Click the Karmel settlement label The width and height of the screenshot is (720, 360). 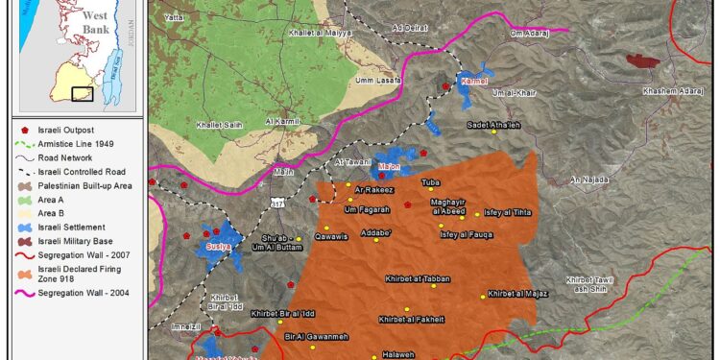click(x=475, y=83)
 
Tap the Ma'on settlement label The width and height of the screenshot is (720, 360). click(x=390, y=166)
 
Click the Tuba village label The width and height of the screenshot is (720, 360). click(x=430, y=181)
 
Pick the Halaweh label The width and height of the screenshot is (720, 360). click(x=397, y=353)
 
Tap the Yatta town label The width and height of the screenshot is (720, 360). click(x=173, y=17)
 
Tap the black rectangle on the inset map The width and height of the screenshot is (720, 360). click(x=82, y=94)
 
